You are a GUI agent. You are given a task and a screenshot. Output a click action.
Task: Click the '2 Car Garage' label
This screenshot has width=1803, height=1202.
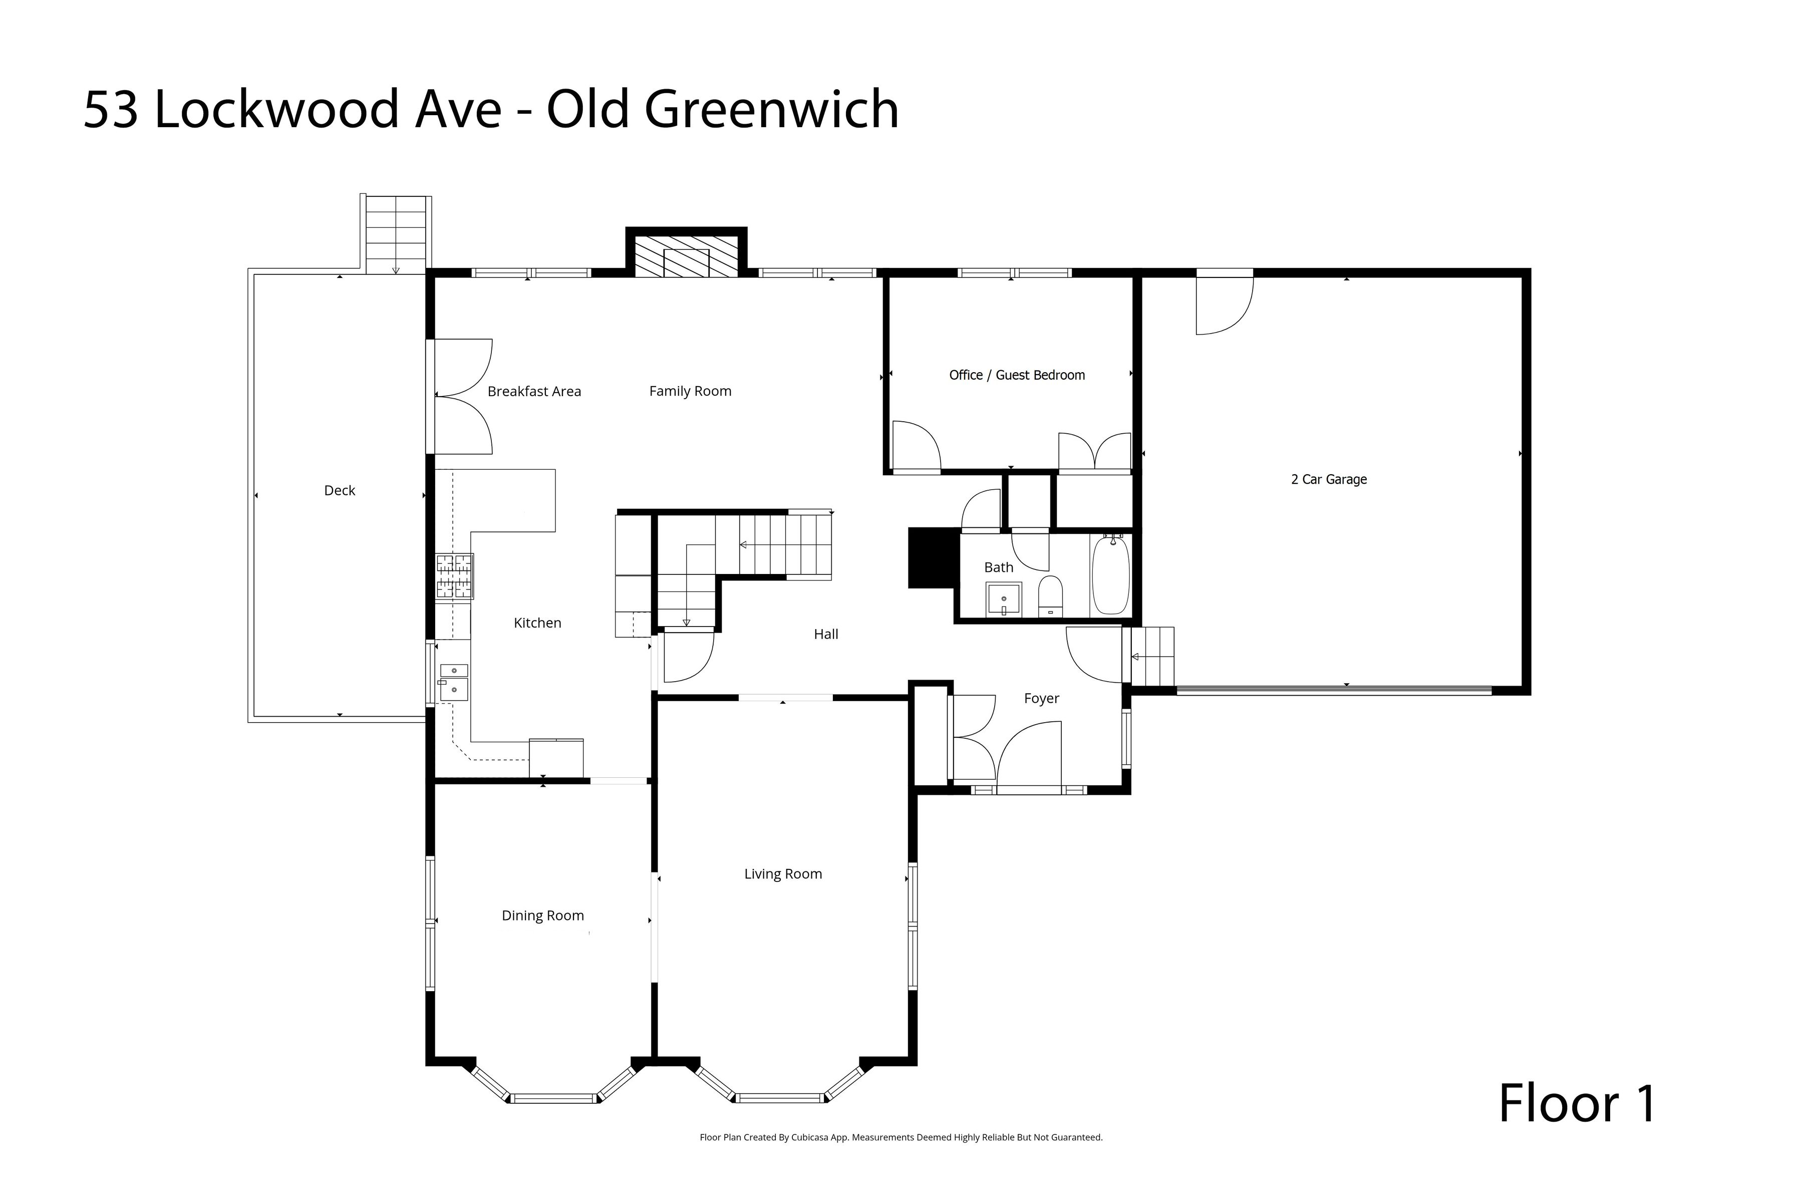tap(1329, 479)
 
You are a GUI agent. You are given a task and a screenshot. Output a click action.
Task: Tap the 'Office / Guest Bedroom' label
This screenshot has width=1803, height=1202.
tap(1017, 375)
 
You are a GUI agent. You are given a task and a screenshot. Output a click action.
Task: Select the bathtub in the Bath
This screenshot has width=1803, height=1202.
tap(1110, 575)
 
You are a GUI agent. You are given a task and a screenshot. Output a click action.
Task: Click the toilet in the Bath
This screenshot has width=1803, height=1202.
tap(1050, 596)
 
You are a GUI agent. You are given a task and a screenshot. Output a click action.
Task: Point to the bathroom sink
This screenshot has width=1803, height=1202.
tap(1004, 598)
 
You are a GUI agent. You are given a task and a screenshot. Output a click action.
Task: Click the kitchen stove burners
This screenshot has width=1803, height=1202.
tap(455, 575)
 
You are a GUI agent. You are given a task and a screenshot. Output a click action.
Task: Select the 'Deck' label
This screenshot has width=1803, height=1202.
tap(340, 491)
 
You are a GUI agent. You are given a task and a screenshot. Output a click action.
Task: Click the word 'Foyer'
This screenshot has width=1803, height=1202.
tap(1041, 698)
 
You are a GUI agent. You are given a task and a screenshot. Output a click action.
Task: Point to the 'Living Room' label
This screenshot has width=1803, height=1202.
tap(783, 874)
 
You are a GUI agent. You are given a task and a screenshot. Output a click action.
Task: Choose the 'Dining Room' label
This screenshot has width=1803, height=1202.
tap(543, 916)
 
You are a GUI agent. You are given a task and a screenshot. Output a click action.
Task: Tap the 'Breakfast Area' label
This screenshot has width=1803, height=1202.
tap(534, 391)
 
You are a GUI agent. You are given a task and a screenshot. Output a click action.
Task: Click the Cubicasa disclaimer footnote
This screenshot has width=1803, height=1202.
tap(900, 1137)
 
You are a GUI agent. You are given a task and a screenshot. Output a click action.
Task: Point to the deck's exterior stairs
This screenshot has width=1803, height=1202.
tap(396, 234)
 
